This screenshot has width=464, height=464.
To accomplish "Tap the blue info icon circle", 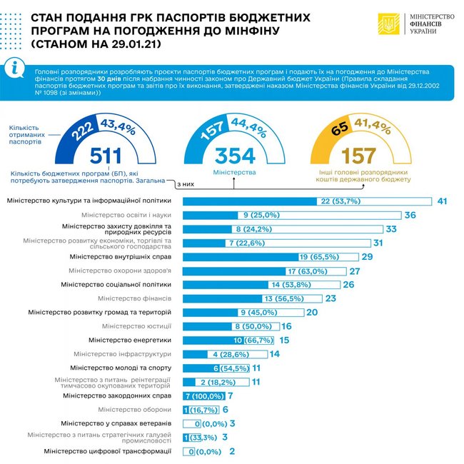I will coord(16,68).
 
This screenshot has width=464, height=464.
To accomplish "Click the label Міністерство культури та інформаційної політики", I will coord(89,202).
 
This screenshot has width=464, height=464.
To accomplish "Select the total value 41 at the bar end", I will coord(442,202).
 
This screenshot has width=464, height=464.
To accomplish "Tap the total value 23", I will coord(350,298).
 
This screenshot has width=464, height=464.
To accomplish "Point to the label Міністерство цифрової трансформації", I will coord(108,451).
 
